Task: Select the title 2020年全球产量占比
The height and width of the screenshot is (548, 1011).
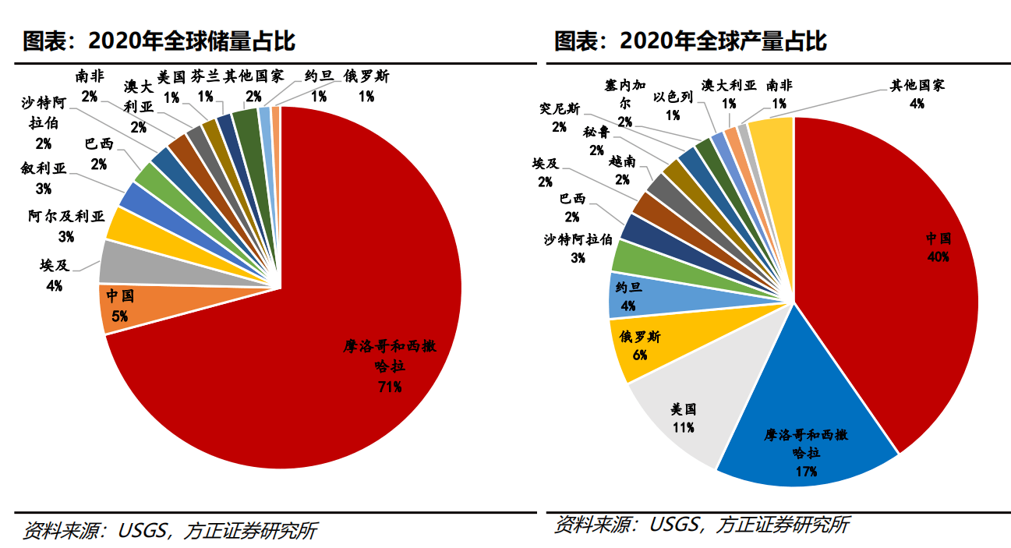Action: click(691, 40)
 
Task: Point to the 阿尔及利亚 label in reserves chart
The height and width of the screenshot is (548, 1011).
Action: click(65, 217)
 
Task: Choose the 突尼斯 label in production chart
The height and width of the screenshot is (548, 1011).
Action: click(558, 108)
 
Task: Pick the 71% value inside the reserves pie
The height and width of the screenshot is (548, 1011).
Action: click(389, 386)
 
